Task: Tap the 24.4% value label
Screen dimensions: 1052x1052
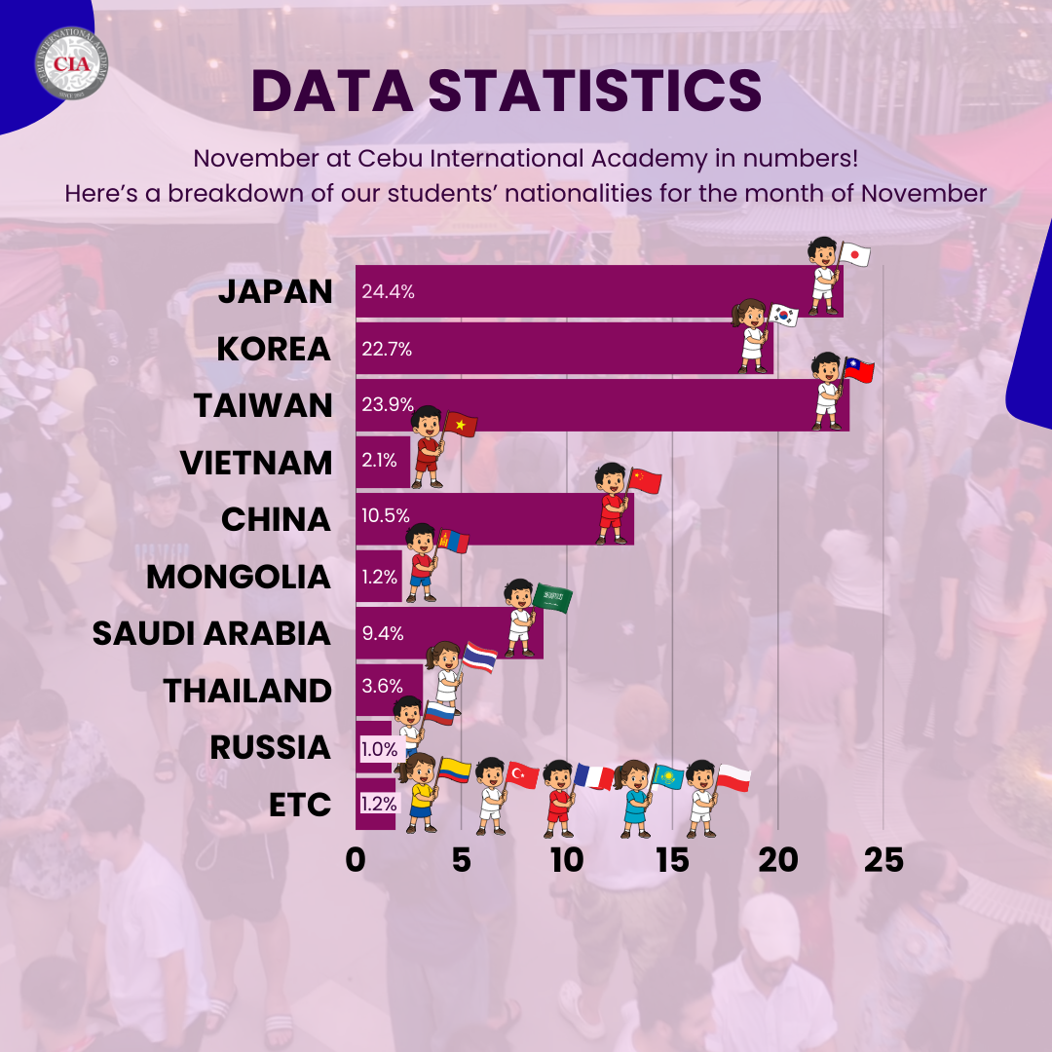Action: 388,291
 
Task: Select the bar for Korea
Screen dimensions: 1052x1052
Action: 565,349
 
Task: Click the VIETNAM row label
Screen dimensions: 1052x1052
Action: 256,463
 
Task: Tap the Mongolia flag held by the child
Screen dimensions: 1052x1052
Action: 454,542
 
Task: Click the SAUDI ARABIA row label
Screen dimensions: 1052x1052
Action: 211,634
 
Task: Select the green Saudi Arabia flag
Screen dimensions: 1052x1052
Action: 552,599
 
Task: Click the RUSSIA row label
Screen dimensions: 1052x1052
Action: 270,748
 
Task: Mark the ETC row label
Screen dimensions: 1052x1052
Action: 300,806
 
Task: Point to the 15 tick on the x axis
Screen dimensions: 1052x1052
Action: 672,861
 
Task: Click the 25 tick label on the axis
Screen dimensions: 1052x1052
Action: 883,861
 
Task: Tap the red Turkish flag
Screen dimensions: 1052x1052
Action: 523,775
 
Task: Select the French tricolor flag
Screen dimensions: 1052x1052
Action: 594,776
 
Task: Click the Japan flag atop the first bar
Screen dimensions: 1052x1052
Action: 854,255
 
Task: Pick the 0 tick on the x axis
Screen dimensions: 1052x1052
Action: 356,861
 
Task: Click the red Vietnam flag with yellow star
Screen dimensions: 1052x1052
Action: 460,425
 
